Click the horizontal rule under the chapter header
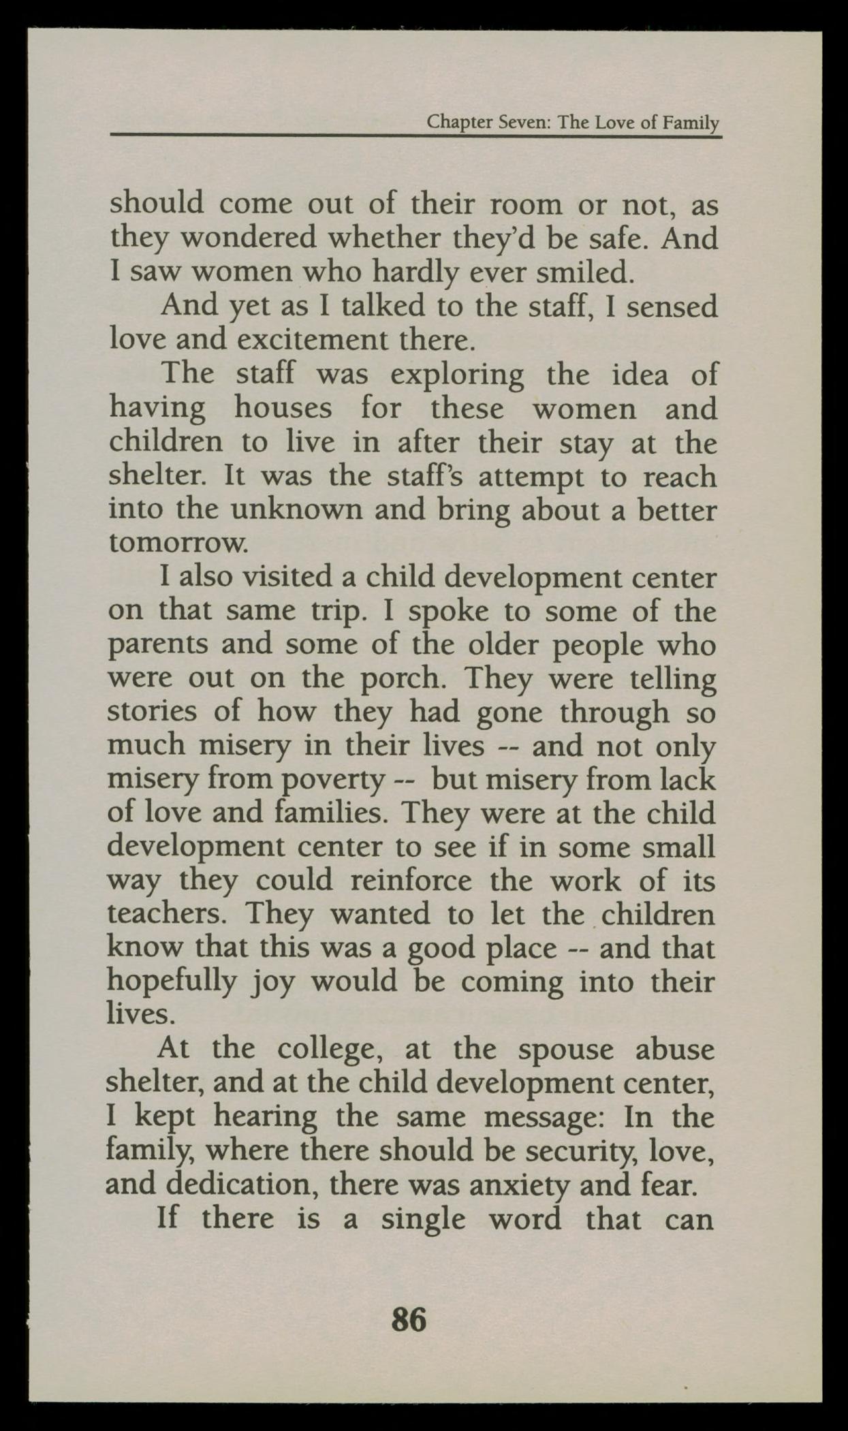pyautogui.click(x=415, y=136)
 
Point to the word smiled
pyautogui.click(x=586, y=272)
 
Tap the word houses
pyautogui.click(x=283, y=409)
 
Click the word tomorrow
pyautogui.click(x=174, y=544)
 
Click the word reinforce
pyautogui.click(x=410, y=881)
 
